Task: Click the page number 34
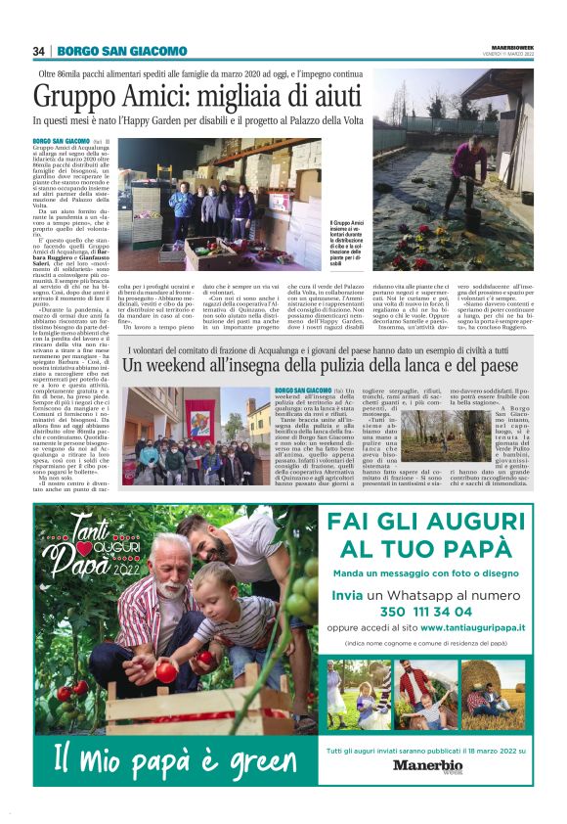pyautogui.click(x=39, y=51)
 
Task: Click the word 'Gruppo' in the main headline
pyautogui.click(x=72, y=96)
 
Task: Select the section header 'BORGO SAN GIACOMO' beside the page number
pyautogui.click(x=121, y=51)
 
